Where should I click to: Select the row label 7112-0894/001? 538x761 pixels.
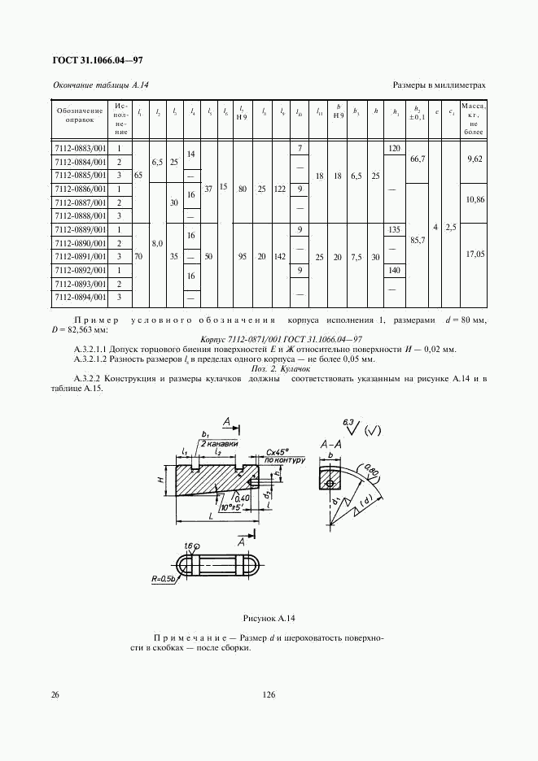pyautogui.click(x=81, y=298)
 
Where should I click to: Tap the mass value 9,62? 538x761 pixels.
pyautogui.click(x=474, y=161)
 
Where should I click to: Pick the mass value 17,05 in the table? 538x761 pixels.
pyautogui.click(x=474, y=254)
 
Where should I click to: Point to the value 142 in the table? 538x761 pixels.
pyautogui.click(x=281, y=254)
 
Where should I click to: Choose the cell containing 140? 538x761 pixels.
pyautogui.click(x=396, y=270)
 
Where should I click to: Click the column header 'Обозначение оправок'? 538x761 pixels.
pyautogui.click(x=79, y=115)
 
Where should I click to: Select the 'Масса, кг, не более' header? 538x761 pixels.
pyautogui.click(x=474, y=119)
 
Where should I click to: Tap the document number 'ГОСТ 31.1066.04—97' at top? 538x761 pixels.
pyautogui.click(x=98, y=61)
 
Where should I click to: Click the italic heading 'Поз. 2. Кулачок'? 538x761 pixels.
pyautogui.click(x=269, y=367)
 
